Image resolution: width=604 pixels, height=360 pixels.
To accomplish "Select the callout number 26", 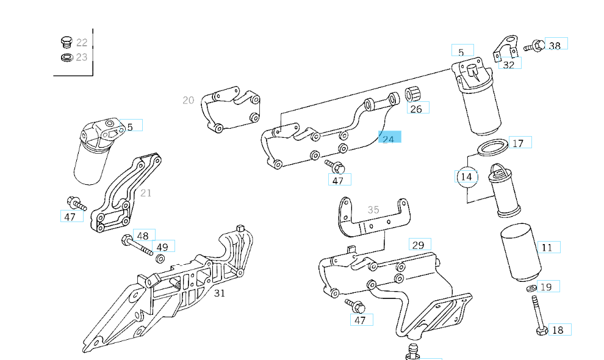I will click(x=416, y=109).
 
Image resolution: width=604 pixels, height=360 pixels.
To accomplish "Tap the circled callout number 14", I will click(x=466, y=176).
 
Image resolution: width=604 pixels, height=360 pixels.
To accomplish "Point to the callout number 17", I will click(x=518, y=143).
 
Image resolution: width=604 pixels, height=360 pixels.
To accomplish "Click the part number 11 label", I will click(x=547, y=247).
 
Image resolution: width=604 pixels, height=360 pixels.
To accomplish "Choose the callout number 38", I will click(x=555, y=45).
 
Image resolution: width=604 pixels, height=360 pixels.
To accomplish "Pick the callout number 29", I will click(x=418, y=245).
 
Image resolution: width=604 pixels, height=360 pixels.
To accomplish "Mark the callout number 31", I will click(x=220, y=292).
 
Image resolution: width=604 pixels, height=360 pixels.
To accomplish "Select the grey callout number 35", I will click(x=373, y=209).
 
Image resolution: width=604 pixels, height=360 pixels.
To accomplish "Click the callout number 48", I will click(x=143, y=236).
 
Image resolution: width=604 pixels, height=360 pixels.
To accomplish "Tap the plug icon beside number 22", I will click(x=67, y=42).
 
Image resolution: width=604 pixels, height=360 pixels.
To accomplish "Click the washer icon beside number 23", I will click(x=67, y=57).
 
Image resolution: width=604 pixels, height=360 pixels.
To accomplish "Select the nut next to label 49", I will click(x=159, y=258).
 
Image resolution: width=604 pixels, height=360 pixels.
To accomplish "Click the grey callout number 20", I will click(x=188, y=100).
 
